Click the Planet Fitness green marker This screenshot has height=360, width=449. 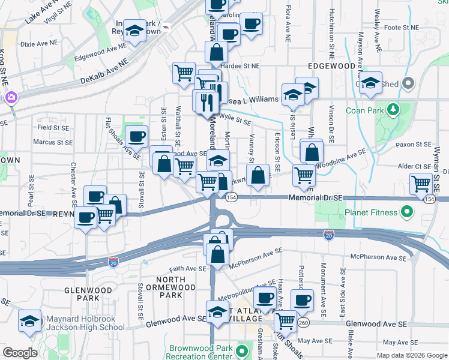tap(406, 212)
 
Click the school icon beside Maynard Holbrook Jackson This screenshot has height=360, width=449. tap(29, 322)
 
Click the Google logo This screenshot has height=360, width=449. tap(20, 353)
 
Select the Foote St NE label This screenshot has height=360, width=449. tap(401, 28)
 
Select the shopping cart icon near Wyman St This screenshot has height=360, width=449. tap(421, 184)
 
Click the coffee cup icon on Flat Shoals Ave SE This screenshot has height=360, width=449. tap(136, 136)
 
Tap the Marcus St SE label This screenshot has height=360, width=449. tap(53, 142)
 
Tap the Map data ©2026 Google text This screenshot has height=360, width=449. tap(411, 355)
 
